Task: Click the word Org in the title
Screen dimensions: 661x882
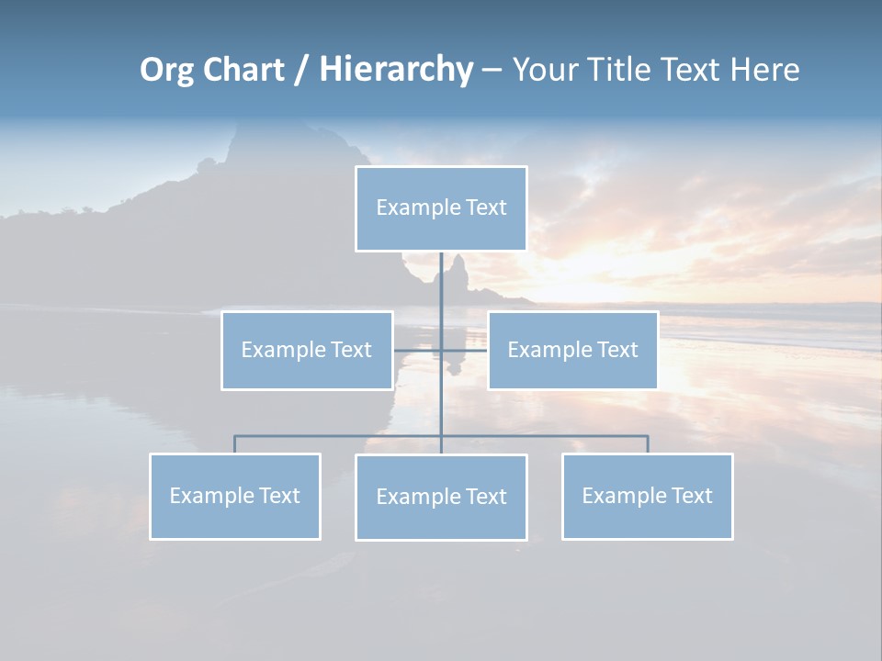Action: coord(166,70)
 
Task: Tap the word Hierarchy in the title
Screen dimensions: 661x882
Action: coord(396,70)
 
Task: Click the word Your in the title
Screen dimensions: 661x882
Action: coord(546,70)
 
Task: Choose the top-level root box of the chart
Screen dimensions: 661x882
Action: coord(441,208)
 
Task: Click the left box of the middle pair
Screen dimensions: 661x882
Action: coord(307,351)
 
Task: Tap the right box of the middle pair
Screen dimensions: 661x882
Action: coord(572,351)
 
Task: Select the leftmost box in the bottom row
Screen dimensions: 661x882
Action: coord(235,497)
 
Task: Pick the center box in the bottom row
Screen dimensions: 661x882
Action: coord(441,498)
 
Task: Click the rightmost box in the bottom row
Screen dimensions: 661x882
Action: coord(647,497)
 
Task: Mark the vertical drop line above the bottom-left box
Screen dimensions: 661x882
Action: coord(235,444)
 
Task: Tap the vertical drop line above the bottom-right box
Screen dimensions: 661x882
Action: coord(647,444)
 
